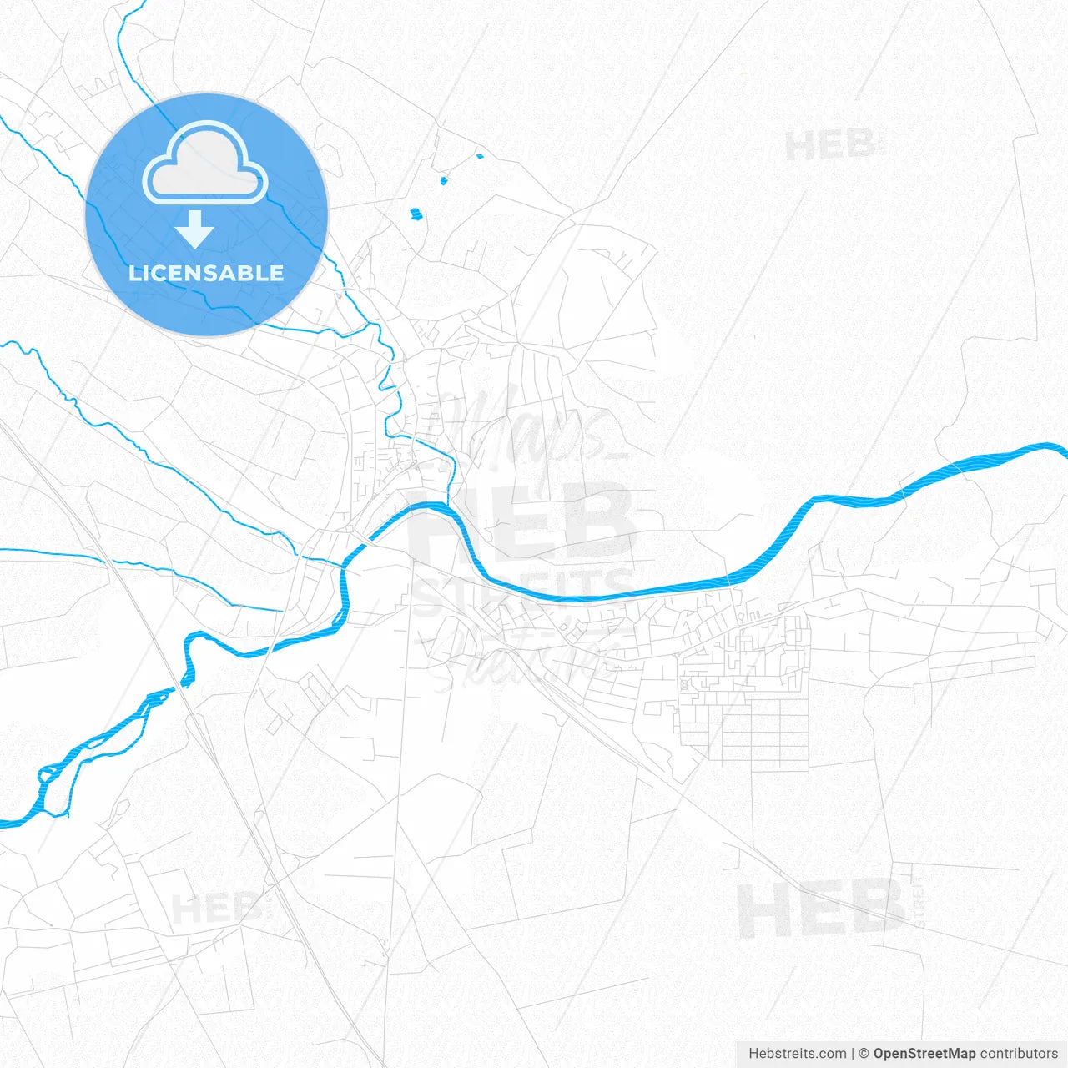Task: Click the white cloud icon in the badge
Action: (205, 164)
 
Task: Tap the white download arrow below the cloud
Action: (195, 229)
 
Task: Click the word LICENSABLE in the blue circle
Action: (206, 273)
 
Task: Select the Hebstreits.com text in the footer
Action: (797, 1054)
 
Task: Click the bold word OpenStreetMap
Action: (924, 1054)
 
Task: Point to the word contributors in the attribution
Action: (1019, 1054)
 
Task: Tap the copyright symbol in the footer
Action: (864, 1054)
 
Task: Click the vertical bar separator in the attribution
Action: (853, 1054)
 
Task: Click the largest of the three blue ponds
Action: (416, 214)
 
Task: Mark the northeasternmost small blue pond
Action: (479, 155)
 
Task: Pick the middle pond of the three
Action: (444, 179)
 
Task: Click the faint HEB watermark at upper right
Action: (831, 146)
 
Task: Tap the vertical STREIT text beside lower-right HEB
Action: (918, 901)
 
